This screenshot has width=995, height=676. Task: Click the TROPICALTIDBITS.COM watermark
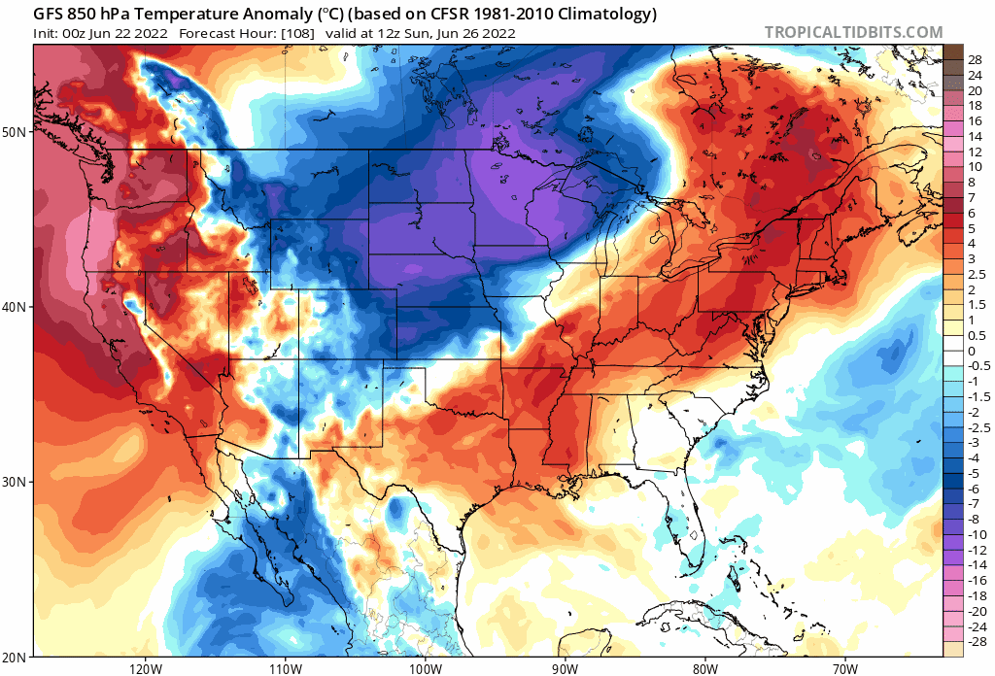tap(853, 32)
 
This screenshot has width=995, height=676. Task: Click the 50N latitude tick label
tap(17, 131)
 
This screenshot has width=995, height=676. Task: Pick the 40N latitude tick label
tap(17, 306)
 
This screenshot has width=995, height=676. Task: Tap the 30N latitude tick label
tap(17, 482)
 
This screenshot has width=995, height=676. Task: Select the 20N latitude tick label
tap(17, 657)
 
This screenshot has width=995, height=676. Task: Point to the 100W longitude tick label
tap(425, 668)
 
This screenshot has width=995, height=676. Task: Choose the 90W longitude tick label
tap(565, 668)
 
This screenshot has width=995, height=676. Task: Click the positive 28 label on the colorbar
tap(976, 59)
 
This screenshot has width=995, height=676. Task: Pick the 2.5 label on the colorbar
tap(977, 274)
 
